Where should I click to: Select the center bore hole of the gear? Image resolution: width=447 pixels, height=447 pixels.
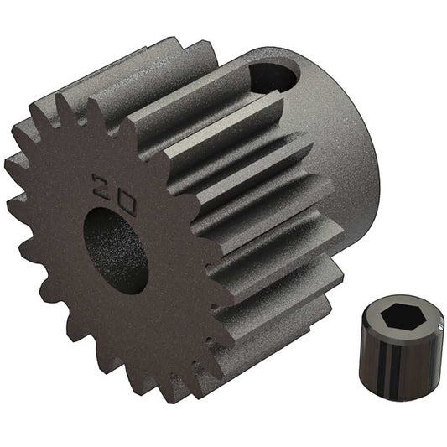pyautogui.click(x=116, y=249)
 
